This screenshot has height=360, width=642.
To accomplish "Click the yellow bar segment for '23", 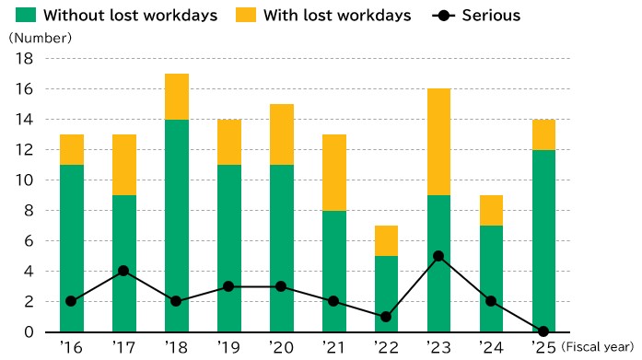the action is (439, 142).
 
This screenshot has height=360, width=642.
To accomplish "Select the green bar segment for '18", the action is (177, 226).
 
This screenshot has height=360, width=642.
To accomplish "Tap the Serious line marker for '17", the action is (123, 271).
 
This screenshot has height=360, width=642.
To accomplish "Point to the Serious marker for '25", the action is (543, 331).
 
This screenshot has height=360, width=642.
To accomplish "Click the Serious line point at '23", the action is (438, 256).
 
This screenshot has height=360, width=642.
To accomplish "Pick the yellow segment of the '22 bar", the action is (386, 241).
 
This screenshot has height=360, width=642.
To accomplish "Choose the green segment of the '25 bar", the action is (543, 241).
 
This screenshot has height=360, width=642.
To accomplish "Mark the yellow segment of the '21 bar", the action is (334, 173).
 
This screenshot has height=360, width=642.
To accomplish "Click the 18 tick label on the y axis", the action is (24, 59).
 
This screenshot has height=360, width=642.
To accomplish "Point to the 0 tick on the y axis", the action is (29, 331).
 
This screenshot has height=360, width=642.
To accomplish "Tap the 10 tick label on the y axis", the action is (24, 180).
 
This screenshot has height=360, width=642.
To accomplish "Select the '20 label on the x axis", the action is (281, 347).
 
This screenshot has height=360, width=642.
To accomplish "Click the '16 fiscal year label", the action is (71, 347).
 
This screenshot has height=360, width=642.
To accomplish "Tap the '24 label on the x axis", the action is (491, 347).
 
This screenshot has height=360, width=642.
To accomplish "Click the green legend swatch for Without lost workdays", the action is (26, 15).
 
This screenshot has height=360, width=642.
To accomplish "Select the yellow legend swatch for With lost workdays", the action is (246, 15).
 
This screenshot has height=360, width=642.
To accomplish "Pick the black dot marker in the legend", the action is (443, 16).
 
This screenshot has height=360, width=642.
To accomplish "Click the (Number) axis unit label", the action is (41, 38).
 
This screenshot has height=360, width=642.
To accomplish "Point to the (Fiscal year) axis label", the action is (598, 347).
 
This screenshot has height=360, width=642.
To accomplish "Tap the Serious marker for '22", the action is (386, 317).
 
